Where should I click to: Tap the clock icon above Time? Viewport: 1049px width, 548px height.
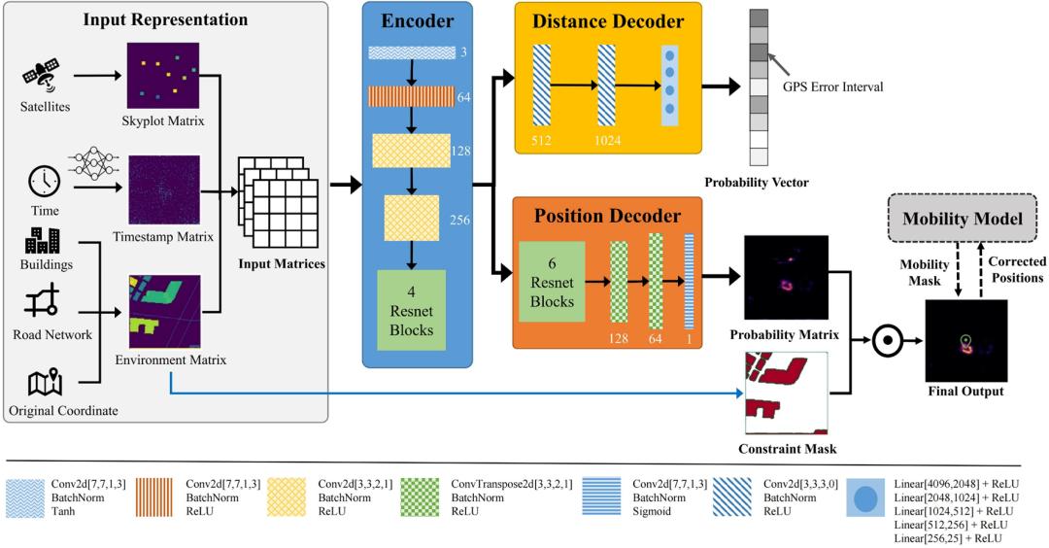(45, 181)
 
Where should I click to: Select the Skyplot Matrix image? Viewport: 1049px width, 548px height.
(163, 76)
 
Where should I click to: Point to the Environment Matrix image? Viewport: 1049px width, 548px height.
(163, 311)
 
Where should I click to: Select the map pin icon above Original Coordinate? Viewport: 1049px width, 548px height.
(45, 383)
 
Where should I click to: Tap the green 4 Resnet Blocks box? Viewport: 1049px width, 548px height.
(411, 309)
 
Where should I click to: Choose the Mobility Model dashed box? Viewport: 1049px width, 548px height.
(963, 219)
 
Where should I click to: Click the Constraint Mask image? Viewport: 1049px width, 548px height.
(785, 393)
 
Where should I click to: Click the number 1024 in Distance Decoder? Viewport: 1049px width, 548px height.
(607, 140)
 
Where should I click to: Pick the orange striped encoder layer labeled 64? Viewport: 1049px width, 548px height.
(411, 96)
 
